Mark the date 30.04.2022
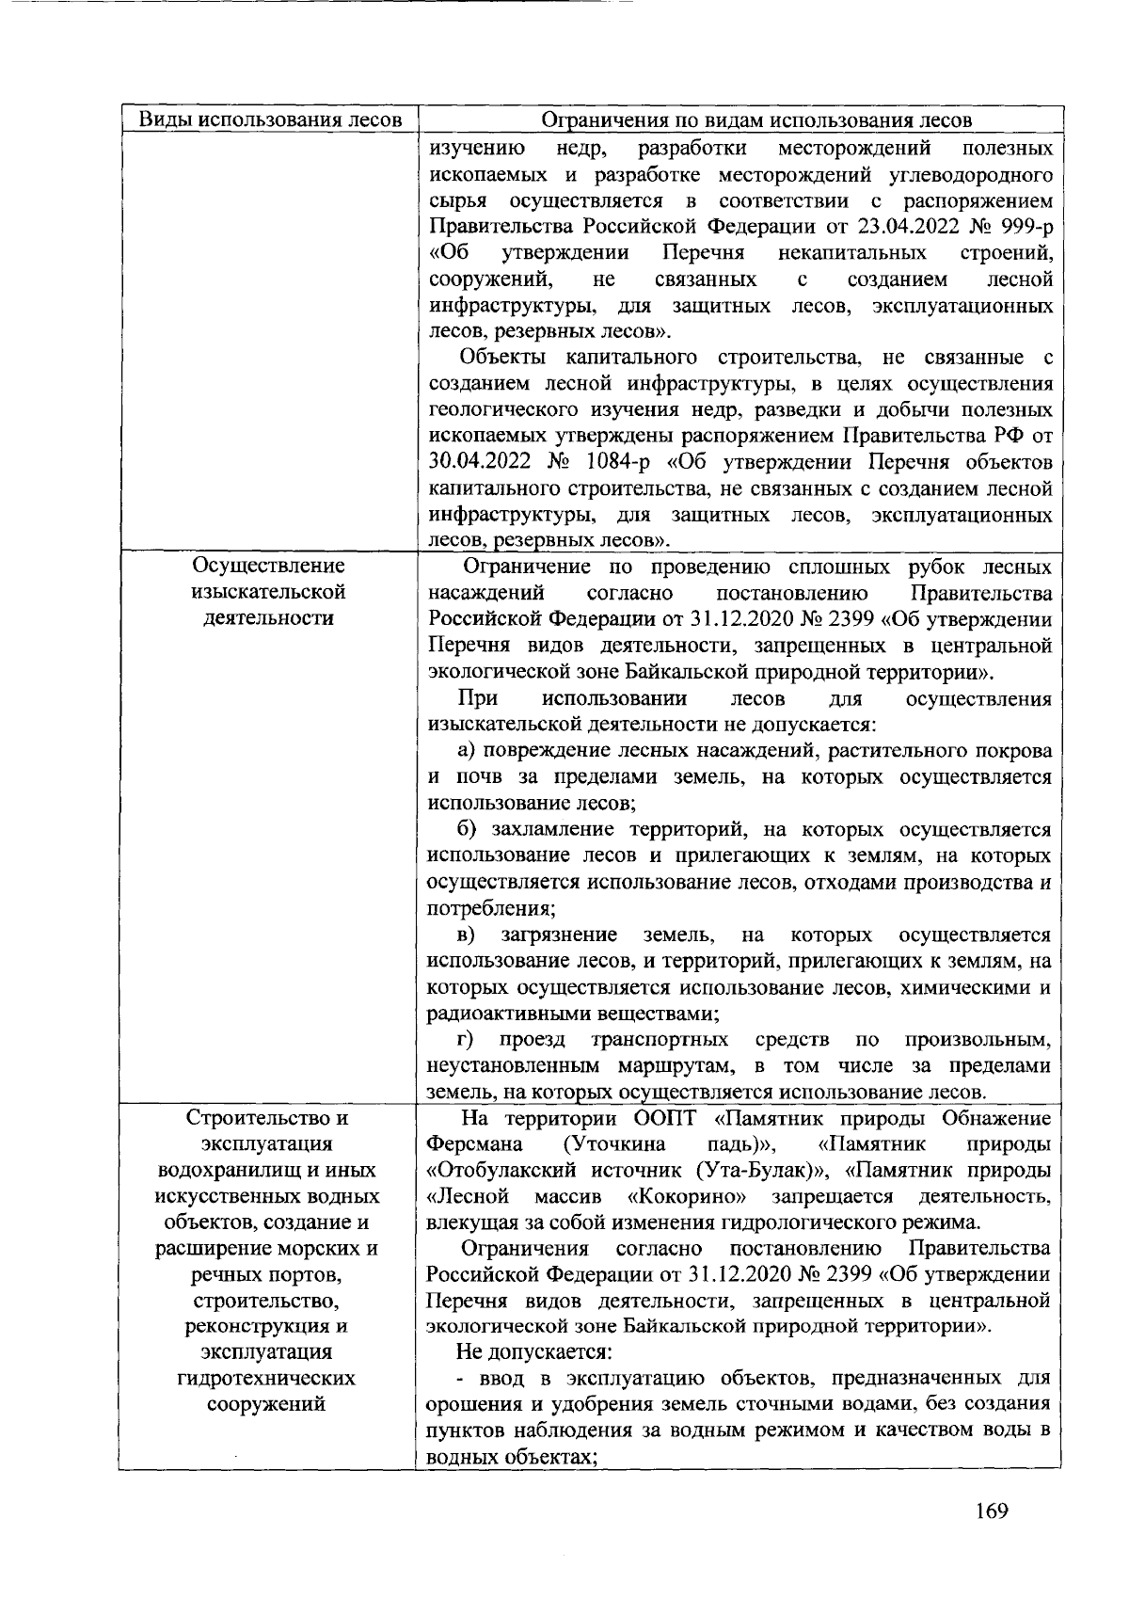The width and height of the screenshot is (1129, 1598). click(x=479, y=463)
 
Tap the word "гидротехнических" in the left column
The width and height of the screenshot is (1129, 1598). click(x=268, y=1379)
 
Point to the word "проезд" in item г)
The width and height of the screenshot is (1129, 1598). click(x=533, y=1040)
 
